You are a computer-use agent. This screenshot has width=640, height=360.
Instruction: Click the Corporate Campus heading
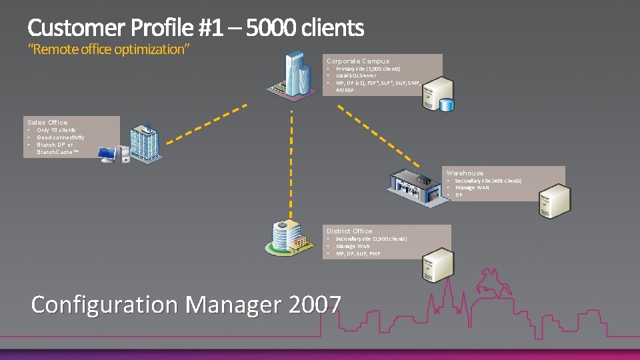pyautogui.click(x=358, y=61)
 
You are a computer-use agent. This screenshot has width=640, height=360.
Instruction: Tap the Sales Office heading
pyautogui.click(x=47, y=122)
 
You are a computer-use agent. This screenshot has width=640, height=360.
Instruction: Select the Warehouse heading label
pyautogui.click(x=465, y=173)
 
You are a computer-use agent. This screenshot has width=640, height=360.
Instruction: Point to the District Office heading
pyautogui.click(x=349, y=231)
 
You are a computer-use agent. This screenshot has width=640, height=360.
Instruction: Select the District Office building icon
pyautogui.click(x=288, y=235)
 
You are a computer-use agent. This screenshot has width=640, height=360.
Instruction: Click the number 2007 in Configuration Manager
pyautogui.click(x=315, y=304)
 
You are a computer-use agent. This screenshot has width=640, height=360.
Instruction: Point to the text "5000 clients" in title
pyautogui.click(x=305, y=28)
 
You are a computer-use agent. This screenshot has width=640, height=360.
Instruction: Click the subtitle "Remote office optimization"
pyautogui.click(x=109, y=49)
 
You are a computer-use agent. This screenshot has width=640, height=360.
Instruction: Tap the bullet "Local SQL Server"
pyautogui.click(x=356, y=75)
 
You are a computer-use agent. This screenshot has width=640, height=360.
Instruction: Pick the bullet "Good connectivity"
pyautogui.click(x=61, y=137)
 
